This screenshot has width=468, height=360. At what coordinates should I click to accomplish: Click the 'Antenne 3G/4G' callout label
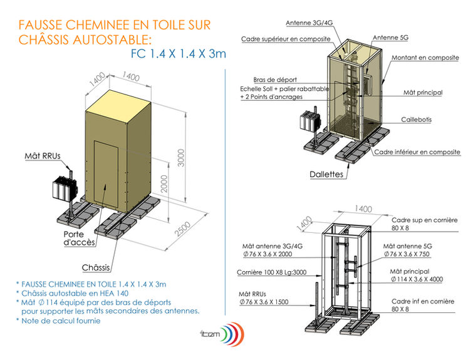pyautogui.click(x=309, y=23)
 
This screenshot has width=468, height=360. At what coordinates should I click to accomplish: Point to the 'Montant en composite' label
pyautogui.click(x=426, y=58)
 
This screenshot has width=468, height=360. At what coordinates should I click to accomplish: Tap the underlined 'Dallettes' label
pyautogui.click(x=326, y=174)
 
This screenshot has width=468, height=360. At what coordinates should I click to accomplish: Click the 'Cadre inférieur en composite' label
pyautogui.click(x=417, y=152)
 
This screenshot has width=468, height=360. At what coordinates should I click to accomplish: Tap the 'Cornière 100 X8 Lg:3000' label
pyautogui.click(x=271, y=272)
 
